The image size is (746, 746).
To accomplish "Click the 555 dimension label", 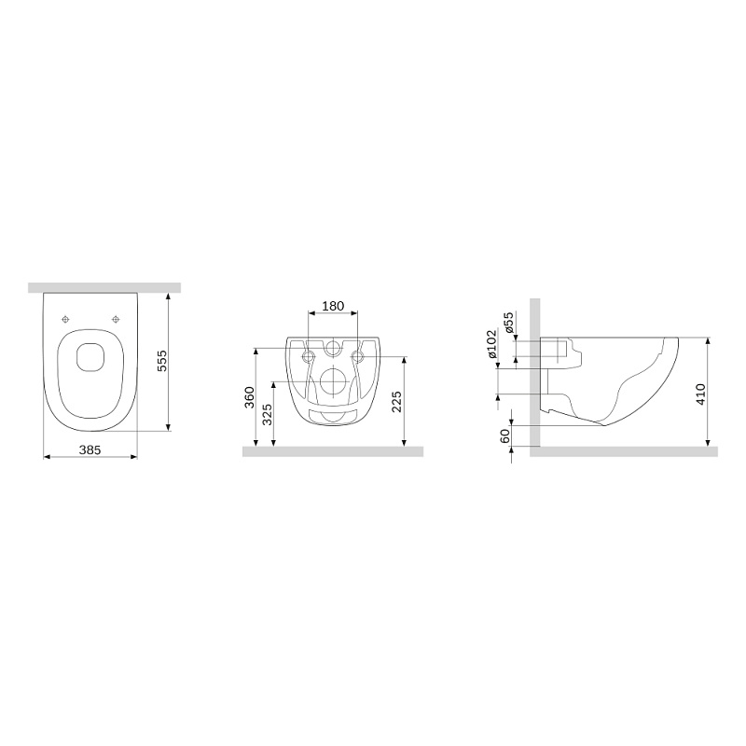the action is click(x=162, y=361).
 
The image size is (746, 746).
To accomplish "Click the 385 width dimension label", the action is click(x=90, y=449).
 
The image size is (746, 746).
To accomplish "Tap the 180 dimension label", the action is click(x=333, y=306).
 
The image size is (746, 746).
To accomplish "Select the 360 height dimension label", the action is click(x=249, y=397).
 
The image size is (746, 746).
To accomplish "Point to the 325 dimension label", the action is click(x=267, y=414).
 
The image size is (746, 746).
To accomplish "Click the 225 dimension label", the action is click(x=397, y=401).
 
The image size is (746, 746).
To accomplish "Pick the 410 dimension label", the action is click(x=701, y=394).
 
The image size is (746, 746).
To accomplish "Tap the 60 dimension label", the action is click(x=504, y=435).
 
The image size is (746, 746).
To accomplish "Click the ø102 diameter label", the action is click(x=491, y=343).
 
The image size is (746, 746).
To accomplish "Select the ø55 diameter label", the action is click(x=508, y=323).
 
